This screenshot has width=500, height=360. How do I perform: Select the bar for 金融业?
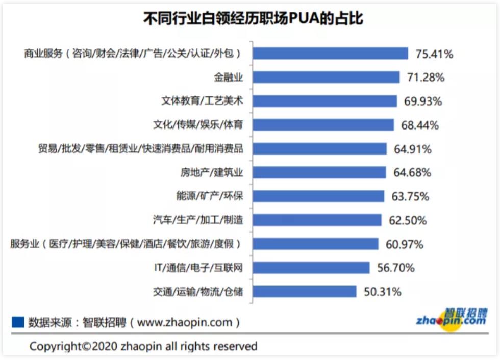[326, 77]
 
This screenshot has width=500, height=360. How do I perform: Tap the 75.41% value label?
[434, 54]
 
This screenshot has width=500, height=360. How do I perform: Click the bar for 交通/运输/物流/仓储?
[305, 291]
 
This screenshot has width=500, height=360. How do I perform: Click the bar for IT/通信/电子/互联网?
[311, 268]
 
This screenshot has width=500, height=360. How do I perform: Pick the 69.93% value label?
[423, 101]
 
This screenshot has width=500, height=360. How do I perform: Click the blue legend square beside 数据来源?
[18, 322]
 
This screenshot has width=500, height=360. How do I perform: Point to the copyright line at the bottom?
[143, 346]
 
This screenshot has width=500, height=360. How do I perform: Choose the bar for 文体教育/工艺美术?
[324, 101]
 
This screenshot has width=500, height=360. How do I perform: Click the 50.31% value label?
[382, 292]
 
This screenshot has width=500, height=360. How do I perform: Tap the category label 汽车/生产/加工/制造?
[197, 220]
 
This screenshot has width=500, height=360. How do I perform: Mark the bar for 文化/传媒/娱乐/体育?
[323, 125]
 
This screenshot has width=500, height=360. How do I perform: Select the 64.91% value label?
[412, 149]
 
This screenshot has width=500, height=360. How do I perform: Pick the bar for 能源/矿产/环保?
[318, 196]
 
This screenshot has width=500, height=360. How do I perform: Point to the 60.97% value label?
[405, 244]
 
